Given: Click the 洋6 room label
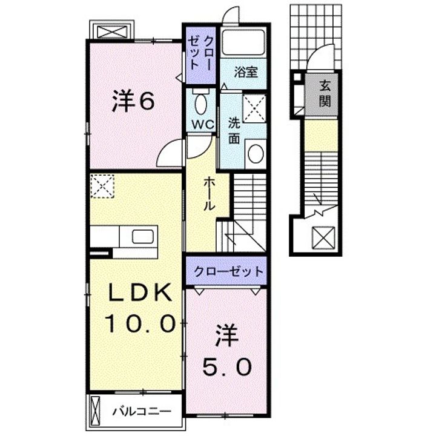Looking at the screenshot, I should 133,101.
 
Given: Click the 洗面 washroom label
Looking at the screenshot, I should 234,130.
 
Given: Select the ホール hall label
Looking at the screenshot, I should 208,193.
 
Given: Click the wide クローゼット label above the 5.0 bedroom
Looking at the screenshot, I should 228,271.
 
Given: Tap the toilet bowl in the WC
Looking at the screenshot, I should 200,104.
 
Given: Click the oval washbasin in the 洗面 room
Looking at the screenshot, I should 256,154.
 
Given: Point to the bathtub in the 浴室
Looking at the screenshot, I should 243,44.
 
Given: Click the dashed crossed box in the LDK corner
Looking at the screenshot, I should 102,185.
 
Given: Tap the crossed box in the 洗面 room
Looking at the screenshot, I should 255,108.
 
